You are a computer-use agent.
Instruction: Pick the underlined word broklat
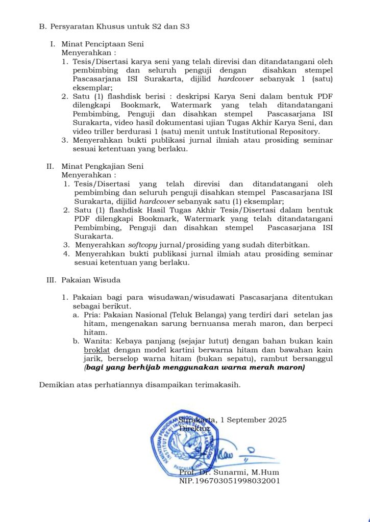(97, 350)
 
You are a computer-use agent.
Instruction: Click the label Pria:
(92, 315)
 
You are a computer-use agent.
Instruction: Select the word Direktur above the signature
(194, 429)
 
